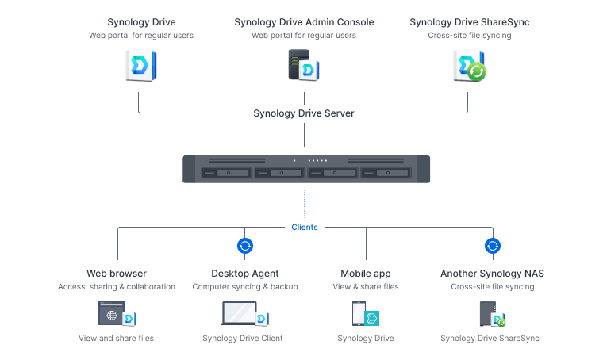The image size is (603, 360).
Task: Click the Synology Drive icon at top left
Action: [x=140, y=64]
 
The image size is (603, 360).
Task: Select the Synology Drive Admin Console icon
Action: [x=304, y=64]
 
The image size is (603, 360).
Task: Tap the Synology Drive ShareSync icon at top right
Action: [x=469, y=65]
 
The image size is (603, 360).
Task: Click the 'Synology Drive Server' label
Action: [x=304, y=113]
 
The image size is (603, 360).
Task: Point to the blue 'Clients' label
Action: [x=305, y=227]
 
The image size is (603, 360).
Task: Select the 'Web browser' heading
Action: [x=117, y=274]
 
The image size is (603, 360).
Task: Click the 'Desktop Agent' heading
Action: [x=245, y=274]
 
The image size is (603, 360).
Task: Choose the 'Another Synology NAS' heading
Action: [x=492, y=274]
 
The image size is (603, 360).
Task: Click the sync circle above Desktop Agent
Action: [x=245, y=246]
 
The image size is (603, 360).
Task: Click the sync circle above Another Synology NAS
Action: [x=493, y=246]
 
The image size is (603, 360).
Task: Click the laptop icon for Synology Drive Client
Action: [x=239, y=315]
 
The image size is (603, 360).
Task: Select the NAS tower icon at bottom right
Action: [x=487, y=315]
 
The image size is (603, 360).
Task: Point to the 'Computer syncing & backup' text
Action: [x=245, y=286]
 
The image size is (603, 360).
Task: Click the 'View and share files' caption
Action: [x=117, y=338]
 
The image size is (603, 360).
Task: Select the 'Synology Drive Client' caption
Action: [x=245, y=338]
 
